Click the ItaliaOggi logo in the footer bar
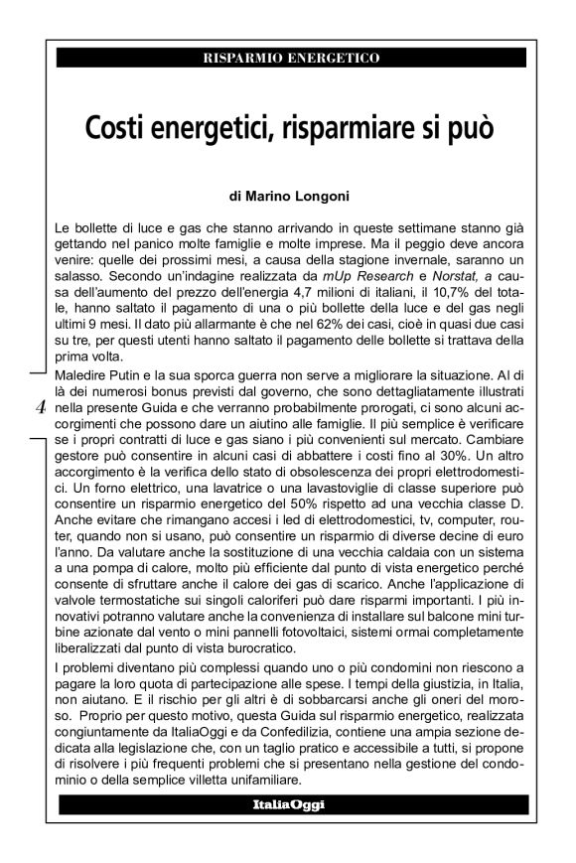(x=289, y=801)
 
